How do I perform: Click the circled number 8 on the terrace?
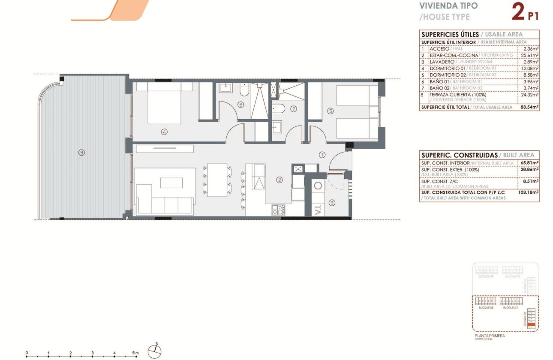81,152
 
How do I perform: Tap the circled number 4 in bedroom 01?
164,132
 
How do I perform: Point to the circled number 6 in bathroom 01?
241,105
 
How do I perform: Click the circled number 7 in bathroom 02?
293,109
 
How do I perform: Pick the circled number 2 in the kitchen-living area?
279,180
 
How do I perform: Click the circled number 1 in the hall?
322,154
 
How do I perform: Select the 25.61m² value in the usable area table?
530,55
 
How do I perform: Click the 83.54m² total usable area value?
529,107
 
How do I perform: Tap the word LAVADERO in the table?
442,62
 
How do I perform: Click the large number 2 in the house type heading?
517,12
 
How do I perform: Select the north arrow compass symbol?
155,351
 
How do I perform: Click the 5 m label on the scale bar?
136,353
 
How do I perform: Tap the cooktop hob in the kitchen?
278,210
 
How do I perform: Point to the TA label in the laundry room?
317,210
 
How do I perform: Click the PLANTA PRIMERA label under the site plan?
490,336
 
